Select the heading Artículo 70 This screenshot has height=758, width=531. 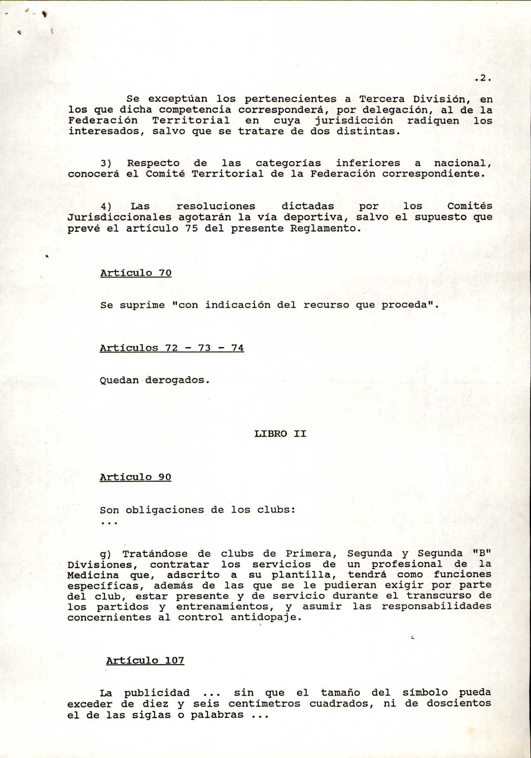tap(136, 273)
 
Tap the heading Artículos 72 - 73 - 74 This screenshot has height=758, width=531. tap(172, 348)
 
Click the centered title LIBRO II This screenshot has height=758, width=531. tap(280, 434)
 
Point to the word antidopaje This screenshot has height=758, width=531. tap(266, 617)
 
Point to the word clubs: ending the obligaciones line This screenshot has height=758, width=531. tap(276, 510)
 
